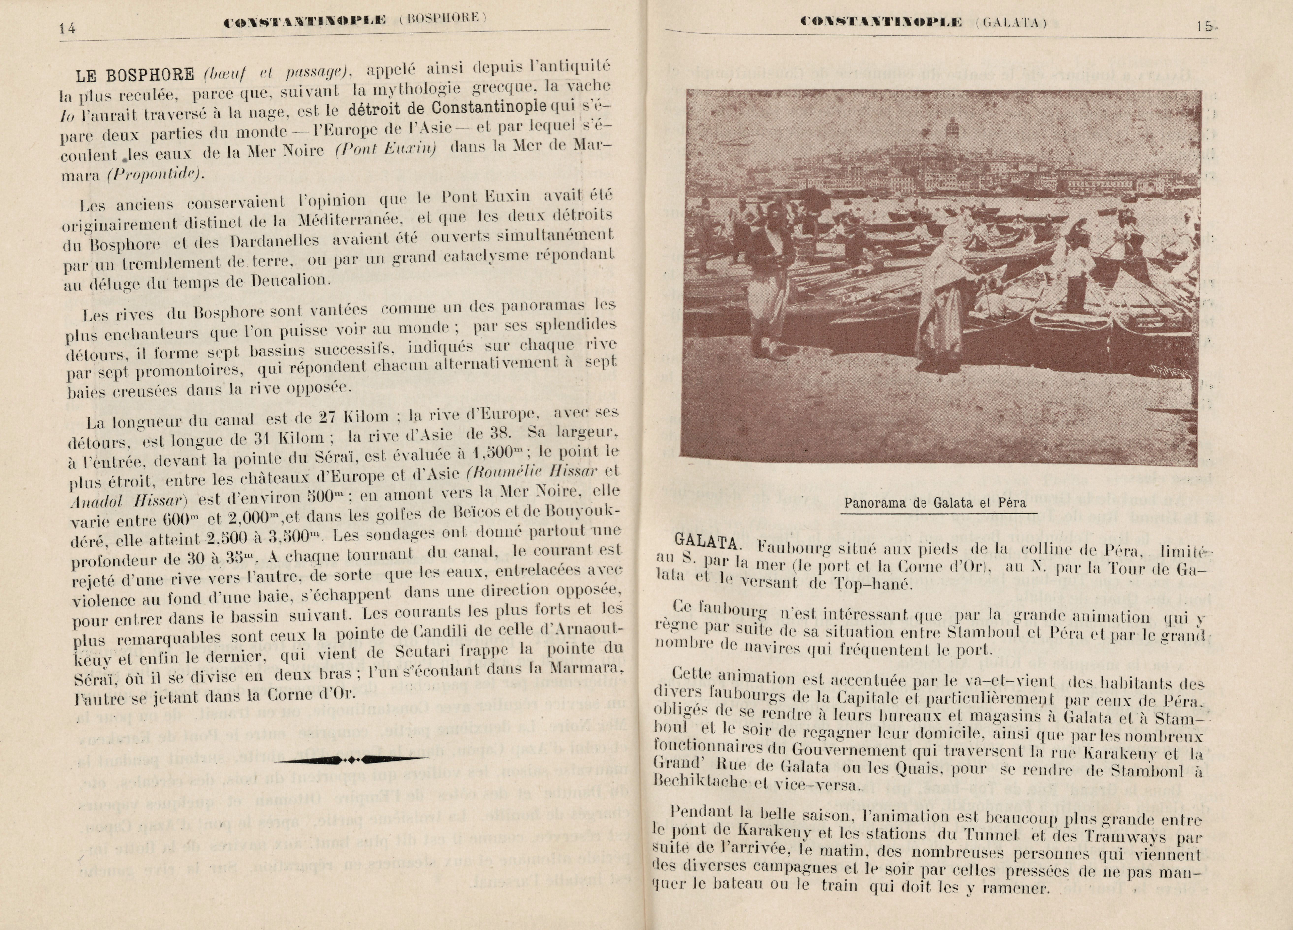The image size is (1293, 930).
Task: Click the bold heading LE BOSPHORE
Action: tap(135, 74)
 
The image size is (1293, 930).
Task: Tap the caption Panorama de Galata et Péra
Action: tap(935, 503)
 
